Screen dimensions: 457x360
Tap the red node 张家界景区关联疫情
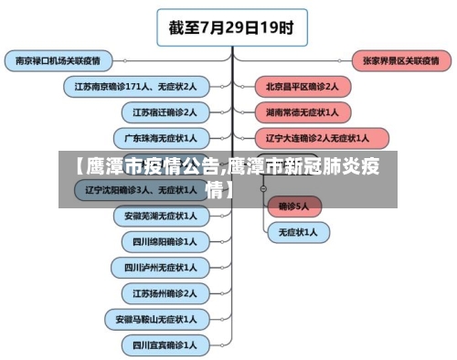[x=399, y=61]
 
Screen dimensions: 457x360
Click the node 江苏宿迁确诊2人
[x=165, y=112]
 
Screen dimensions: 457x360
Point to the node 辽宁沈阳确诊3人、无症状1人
[x=140, y=190]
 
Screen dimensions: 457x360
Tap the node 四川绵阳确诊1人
[x=165, y=242]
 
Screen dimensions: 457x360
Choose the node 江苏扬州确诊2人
[x=165, y=294]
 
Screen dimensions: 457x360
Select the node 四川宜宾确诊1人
[x=165, y=346]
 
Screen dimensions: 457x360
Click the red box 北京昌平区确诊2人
[x=302, y=87]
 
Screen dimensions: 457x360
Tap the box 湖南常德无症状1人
[x=302, y=112]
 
